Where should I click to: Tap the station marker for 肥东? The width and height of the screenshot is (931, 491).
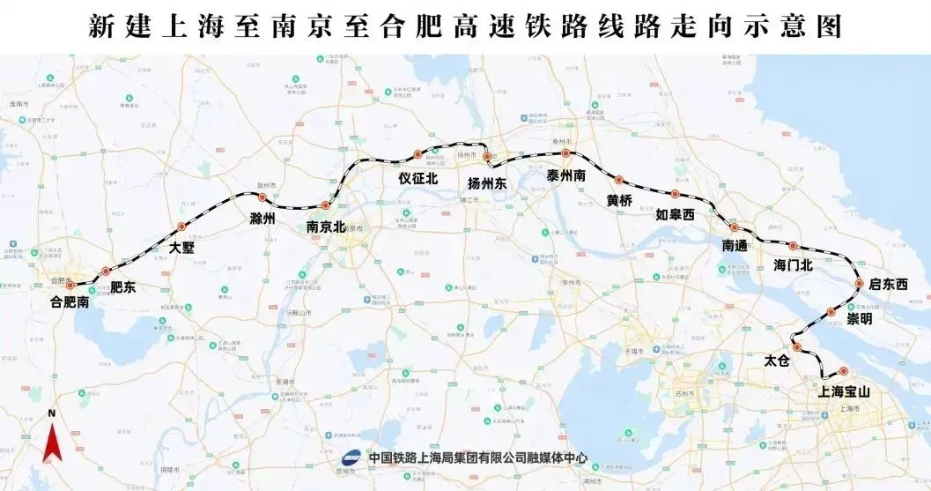click(106, 272)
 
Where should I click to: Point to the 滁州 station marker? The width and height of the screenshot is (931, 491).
click(262, 197)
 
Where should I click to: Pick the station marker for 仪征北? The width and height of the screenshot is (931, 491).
click(417, 154)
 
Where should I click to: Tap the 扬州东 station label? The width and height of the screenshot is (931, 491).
click(486, 184)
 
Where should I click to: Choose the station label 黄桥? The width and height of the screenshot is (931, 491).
click(619, 200)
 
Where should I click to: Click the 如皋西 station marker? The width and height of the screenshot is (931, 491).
click(675, 194)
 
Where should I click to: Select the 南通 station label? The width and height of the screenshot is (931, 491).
click(735, 246)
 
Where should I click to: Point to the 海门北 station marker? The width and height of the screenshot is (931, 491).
click(793, 246)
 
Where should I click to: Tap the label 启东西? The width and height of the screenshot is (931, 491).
click(887, 284)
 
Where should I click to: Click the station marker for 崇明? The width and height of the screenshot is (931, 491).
click(831, 310)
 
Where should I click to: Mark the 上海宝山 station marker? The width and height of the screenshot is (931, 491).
click(843, 371)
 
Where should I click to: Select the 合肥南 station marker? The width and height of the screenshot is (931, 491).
click(70, 285)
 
